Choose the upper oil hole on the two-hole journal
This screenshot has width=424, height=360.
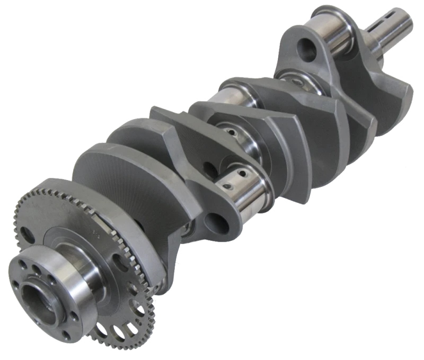(x=242, y=173)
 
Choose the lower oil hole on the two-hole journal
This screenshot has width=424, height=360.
(x=229, y=186)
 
